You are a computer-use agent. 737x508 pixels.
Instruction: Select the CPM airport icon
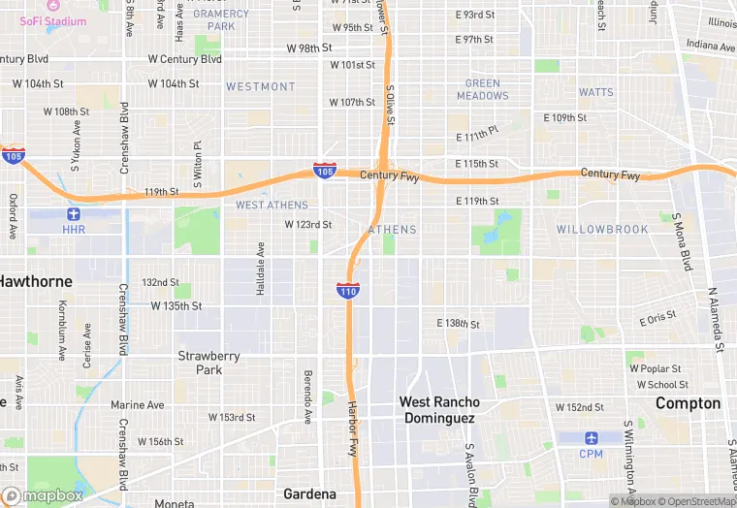coord(591,437)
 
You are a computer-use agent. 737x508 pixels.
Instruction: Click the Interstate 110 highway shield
coord(348,290)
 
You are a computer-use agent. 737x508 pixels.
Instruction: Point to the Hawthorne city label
coord(35,281)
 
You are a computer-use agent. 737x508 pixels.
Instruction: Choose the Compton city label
coord(688,403)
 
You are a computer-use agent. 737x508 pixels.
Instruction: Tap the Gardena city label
coord(309,493)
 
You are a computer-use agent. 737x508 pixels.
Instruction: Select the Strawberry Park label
coord(208,363)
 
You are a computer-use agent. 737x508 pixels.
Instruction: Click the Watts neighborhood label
coord(595,92)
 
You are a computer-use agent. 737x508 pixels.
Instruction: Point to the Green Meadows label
coord(482,89)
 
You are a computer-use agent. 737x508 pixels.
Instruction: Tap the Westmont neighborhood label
coord(260,86)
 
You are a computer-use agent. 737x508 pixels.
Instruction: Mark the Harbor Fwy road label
coord(353,429)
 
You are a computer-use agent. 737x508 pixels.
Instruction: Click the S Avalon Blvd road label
coord(471,475)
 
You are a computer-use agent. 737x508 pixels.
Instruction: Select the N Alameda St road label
coord(715,319)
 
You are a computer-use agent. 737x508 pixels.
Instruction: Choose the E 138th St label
coord(459,322)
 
